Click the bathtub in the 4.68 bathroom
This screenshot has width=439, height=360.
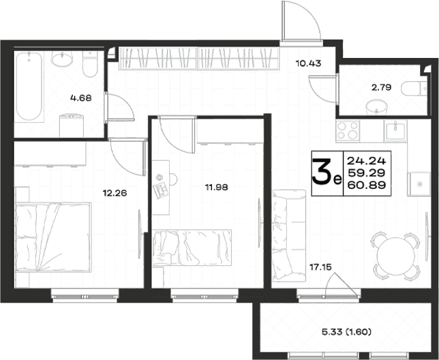[29, 87]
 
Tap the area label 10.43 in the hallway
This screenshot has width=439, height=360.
[308, 63]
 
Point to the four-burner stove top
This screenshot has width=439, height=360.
[348, 131]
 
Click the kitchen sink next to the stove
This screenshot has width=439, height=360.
[395, 131]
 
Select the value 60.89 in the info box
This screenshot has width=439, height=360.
[367, 185]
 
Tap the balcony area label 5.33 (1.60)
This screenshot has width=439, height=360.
[346, 332]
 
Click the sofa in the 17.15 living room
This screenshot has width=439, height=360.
[289, 235]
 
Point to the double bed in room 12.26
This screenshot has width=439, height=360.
[53, 237]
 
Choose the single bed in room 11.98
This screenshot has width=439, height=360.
[192, 247]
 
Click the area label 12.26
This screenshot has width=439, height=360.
[115, 193]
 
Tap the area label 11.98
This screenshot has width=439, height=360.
[216, 187]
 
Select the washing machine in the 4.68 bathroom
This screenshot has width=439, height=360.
[72, 125]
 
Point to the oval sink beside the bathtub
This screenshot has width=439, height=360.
[62, 59]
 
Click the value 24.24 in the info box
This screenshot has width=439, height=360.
[367, 161]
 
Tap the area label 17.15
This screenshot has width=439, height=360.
[320, 267]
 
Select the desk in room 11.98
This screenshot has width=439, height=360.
[161, 187]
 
